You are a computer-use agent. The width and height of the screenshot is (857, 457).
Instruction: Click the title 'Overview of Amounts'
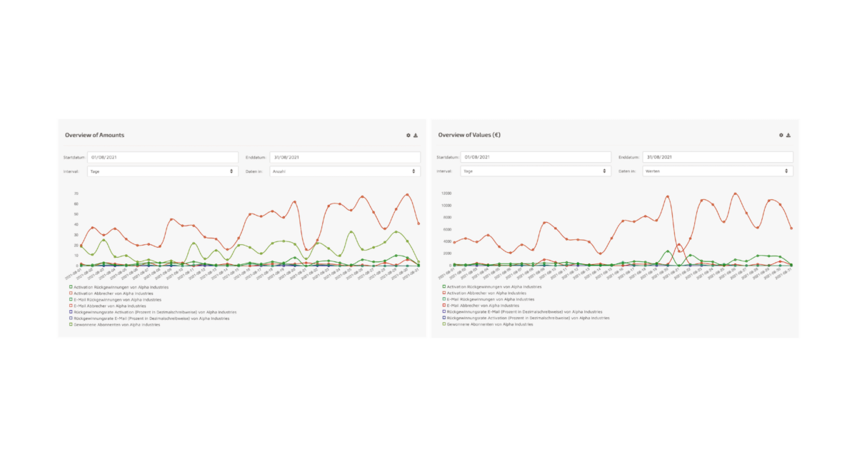click(x=94, y=135)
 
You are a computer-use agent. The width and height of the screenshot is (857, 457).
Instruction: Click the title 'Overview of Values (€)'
click(x=469, y=135)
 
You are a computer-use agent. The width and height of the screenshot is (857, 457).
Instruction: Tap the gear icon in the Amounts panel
click(x=409, y=135)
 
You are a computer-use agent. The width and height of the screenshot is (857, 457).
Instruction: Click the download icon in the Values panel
click(x=788, y=135)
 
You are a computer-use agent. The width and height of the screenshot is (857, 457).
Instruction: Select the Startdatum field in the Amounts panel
click(x=162, y=157)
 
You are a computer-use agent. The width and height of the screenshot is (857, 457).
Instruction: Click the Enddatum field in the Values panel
click(x=717, y=157)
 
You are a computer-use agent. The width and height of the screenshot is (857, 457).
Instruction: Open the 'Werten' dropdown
click(x=717, y=171)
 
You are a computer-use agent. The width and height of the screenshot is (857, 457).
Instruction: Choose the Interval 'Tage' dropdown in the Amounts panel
click(x=162, y=171)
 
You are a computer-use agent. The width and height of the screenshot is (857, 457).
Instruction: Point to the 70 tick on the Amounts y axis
click(x=75, y=194)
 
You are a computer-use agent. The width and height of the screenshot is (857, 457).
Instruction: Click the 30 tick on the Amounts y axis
click(x=75, y=235)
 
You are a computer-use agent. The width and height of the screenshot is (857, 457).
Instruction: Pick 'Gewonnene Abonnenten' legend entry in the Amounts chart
click(x=114, y=324)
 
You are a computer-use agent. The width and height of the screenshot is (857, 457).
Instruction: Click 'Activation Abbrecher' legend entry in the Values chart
click(x=486, y=293)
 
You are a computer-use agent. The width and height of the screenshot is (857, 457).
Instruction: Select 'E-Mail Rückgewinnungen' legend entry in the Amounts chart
click(x=117, y=299)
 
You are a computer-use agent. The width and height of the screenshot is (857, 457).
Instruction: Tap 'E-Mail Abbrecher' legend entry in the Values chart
click(x=481, y=306)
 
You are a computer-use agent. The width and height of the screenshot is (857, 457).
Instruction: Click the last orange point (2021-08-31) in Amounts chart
click(x=419, y=224)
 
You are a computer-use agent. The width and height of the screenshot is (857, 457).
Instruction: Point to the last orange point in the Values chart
click(x=791, y=228)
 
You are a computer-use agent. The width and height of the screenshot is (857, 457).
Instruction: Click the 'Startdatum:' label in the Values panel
click(x=448, y=157)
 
